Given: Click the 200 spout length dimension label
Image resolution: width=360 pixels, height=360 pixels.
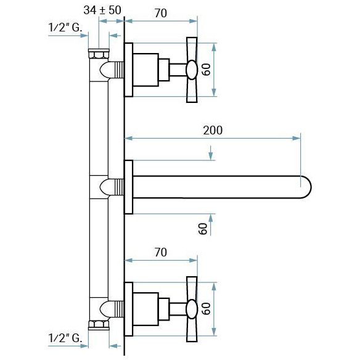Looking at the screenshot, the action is pos(213,130).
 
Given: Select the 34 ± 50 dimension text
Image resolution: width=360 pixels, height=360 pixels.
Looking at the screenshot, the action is pos(102,10).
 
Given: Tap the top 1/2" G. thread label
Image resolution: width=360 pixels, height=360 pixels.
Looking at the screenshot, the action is pos(65,28).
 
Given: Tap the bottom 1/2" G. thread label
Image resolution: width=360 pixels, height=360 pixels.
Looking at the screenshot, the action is pos(65,338).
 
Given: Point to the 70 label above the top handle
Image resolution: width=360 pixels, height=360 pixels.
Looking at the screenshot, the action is pos(161,13).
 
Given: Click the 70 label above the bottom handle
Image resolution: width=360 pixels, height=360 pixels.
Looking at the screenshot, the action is pos(161,252).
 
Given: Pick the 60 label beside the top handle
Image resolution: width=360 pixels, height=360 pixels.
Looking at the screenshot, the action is pos(206,70).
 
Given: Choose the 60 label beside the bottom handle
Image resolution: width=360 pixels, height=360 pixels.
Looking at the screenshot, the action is pos(206,309).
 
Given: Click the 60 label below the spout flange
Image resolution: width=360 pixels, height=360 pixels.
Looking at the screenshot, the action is pos(203,229).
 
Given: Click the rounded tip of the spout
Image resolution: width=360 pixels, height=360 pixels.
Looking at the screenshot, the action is pos(308,187).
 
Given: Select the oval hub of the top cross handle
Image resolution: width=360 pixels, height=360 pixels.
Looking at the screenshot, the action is pos(192,70).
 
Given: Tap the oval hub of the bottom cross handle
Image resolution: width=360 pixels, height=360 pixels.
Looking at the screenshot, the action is pos(192,309).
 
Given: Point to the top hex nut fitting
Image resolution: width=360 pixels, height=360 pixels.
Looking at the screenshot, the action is pos(99,54).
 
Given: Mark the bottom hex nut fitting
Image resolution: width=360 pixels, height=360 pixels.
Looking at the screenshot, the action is pos(99,325).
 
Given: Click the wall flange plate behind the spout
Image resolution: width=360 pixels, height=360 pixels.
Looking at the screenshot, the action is pos(129,187).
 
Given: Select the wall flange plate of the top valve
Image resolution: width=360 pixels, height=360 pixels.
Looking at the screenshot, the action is pos(129,70).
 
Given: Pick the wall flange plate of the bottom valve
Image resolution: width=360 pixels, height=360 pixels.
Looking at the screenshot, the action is pos(129,309).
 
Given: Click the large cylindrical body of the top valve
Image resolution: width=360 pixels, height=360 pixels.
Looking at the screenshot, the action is pos(146,70).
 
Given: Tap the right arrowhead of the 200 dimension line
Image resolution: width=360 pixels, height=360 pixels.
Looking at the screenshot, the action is pos(296,138).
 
